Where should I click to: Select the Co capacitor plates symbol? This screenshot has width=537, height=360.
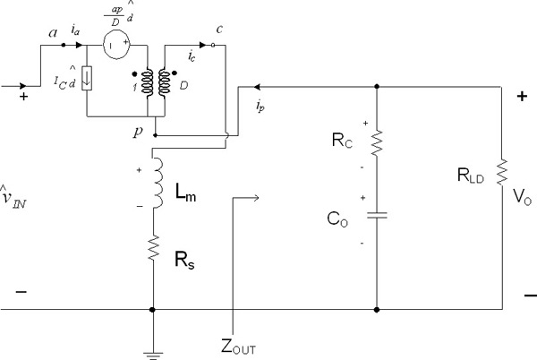(376, 216)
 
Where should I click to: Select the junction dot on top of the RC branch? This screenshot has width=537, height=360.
(376, 87)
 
